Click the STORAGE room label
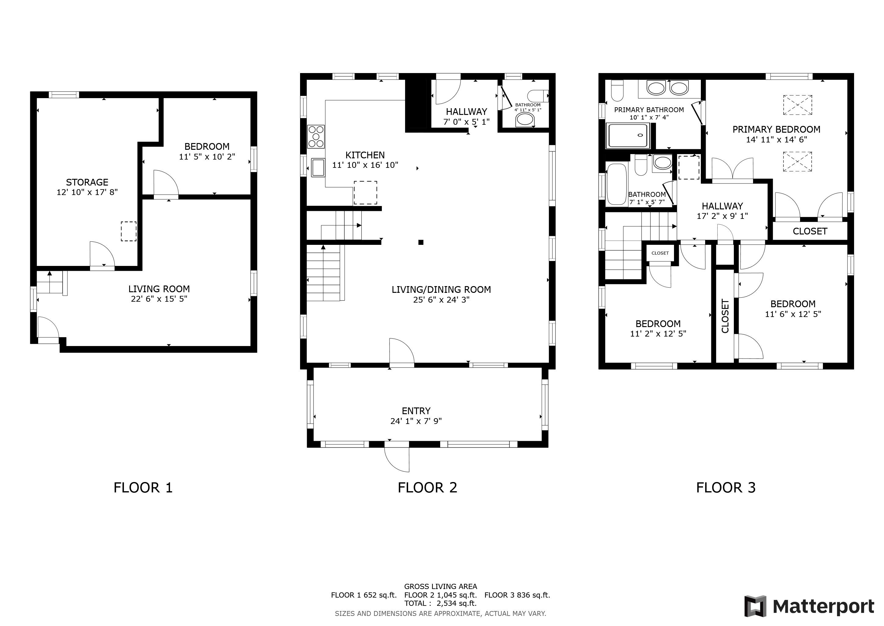pyautogui.click(x=87, y=182)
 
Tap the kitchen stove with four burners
pyautogui.click(x=316, y=136)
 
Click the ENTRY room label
pyautogui.click(x=416, y=411)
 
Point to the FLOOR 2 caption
pyautogui.click(x=427, y=488)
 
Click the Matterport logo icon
pyautogui.click(x=755, y=606)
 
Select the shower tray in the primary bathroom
pyautogui.click(x=628, y=135)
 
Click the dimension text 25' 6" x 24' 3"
pyautogui.click(x=441, y=300)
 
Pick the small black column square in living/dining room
pyautogui.click(x=421, y=242)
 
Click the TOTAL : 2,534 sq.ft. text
pyautogui.click(x=440, y=603)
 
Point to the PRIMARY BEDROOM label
pyautogui.click(x=776, y=130)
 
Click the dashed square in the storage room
pyautogui.click(x=129, y=231)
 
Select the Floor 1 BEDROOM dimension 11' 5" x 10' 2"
pyautogui.click(x=207, y=157)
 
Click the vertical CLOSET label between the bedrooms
pyautogui.click(x=725, y=316)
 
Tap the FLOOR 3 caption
pyautogui.click(x=726, y=488)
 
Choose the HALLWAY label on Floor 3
pyautogui.click(x=722, y=206)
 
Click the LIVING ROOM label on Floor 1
pyautogui.click(x=159, y=289)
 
